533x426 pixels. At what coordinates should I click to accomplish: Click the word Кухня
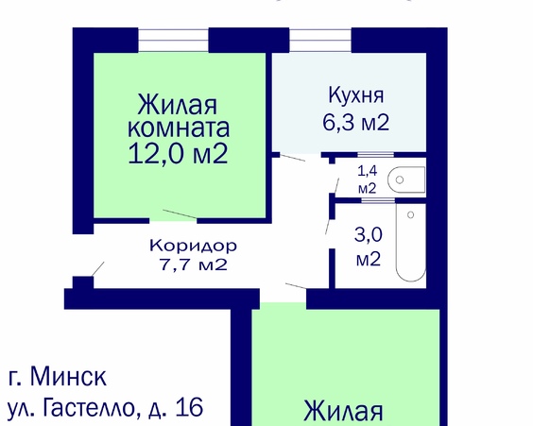click(356, 94)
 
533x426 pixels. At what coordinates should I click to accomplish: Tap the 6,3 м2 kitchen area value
click(356, 122)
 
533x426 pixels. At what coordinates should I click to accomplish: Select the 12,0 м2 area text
click(179, 152)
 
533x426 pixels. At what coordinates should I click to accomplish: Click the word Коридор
click(193, 245)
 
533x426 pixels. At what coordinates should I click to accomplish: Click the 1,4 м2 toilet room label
click(366, 179)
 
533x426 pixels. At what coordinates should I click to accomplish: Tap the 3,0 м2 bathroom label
click(368, 246)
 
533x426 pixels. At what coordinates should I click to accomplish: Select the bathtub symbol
click(411, 244)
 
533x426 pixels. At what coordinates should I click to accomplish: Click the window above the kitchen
click(319, 40)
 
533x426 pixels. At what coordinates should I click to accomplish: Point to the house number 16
click(189, 408)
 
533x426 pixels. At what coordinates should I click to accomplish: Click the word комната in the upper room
click(179, 127)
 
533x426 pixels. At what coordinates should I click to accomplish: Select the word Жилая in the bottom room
click(343, 412)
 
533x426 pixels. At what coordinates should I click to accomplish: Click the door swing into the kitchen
click(288, 157)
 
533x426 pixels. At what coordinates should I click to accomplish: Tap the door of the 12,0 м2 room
click(179, 216)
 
